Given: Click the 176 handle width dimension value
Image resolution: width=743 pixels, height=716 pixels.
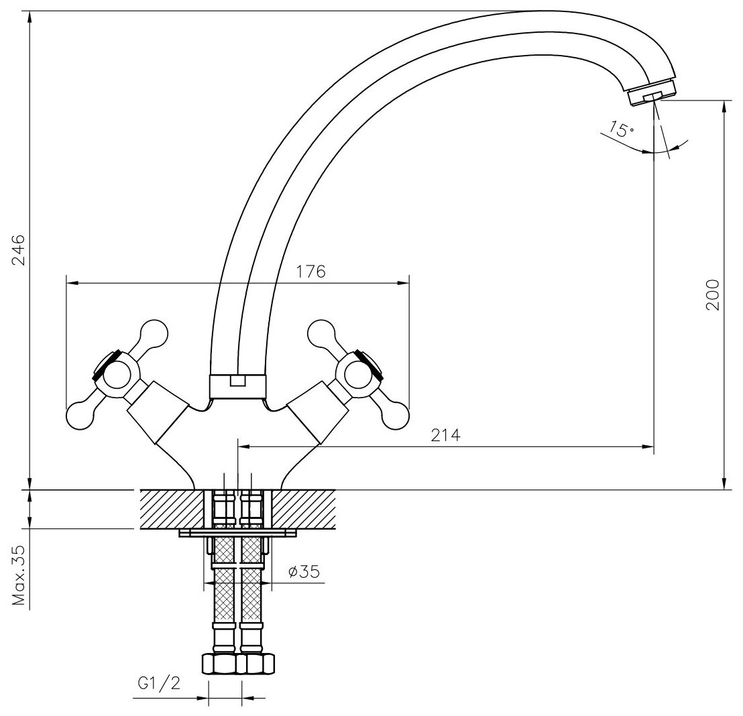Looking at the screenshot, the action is pos(310,272).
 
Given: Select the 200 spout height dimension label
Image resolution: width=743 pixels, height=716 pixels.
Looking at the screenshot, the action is pos(713,294).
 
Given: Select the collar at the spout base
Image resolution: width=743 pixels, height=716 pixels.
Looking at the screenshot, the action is pos(237,386).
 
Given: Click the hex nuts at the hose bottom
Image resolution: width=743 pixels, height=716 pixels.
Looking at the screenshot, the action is pos(237,664).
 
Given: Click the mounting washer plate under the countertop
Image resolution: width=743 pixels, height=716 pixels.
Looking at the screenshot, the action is pos(237,534).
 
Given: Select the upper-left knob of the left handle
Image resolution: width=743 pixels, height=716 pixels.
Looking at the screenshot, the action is pos(154,332).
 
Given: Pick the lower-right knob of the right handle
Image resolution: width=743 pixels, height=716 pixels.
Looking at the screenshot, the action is pos(395,416).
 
